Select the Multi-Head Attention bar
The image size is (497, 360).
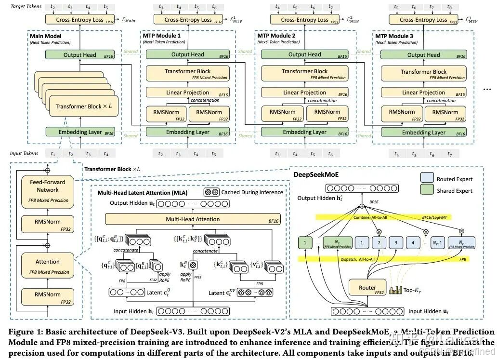(193, 219)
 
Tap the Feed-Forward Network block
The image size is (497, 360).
(47, 189)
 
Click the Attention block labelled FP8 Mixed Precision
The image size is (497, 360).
(47, 266)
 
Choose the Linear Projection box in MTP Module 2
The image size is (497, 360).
(304, 93)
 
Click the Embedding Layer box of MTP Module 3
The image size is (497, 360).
(423, 132)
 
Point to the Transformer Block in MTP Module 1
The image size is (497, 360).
(187, 74)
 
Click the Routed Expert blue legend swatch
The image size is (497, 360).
(426, 179)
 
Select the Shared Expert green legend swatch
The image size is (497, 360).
(426, 190)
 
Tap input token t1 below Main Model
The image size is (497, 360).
(53, 154)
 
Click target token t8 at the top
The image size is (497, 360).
(449, 7)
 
